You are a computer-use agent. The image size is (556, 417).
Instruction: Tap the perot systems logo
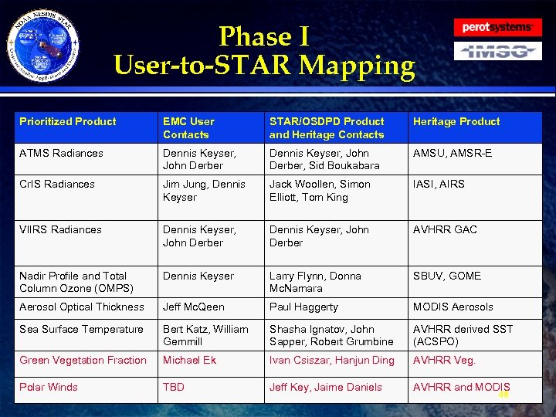pyautogui.click(x=497, y=28)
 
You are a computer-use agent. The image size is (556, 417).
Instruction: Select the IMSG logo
pyautogui.click(x=497, y=52)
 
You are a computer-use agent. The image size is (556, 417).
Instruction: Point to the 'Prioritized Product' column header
pyautogui.click(x=68, y=121)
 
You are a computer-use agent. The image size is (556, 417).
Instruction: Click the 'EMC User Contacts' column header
pyautogui.click(x=188, y=127)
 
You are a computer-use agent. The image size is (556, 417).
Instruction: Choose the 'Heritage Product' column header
pyautogui.click(x=456, y=121)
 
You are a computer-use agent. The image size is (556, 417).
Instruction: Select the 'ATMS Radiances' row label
pyautogui.click(x=61, y=153)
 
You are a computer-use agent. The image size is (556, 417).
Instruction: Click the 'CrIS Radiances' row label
pyautogui.click(x=57, y=184)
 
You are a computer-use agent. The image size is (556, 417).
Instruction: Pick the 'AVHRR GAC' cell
pyautogui.click(x=445, y=229)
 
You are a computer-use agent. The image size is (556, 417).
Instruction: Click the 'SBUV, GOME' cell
pyautogui.click(x=447, y=276)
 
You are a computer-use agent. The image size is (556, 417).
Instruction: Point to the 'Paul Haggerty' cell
pyautogui.click(x=303, y=307)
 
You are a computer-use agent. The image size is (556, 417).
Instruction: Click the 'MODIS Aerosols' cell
pyautogui.click(x=453, y=307)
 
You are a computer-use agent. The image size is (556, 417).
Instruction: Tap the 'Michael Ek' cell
pyautogui.click(x=188, y=360)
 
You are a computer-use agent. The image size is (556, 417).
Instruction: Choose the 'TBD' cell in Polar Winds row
pyautogui.click(x=174, y=387)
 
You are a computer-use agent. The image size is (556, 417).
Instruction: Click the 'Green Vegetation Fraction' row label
pyautogui.click(x=83, y=360)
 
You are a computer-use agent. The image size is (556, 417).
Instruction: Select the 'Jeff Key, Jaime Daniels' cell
pyautogui.click(x=325, y=387)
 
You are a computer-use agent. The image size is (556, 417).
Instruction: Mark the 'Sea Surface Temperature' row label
pyautogui.click(x=81, y=329)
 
